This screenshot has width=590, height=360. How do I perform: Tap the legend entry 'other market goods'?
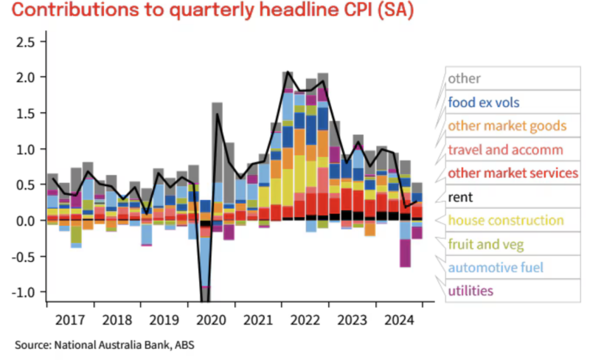pyautogui.click(x=507, y=125)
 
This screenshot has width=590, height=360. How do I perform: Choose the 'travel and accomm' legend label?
pyautogui.click(x=505, y=150)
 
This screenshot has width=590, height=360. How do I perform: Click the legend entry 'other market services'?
pyautogui.click(x=513, y=173)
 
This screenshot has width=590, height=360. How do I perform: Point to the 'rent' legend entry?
pyautogui.click(x=460, y=197)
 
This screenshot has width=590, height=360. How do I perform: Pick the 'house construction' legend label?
pyautogui.click(x=505, y=221)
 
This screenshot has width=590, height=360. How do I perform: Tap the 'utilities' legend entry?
pyautogui.click(x=471, y=291)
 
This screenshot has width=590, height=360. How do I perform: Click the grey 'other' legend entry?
pyautogui.click(x=464, y=78)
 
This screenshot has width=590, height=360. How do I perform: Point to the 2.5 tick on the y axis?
pyautogui.click(x=26, y=41)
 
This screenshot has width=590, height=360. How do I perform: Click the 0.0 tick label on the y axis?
pyautogui.click(x=26, y=221)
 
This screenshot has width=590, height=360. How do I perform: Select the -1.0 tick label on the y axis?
pyautogui.click(x=24, y=292)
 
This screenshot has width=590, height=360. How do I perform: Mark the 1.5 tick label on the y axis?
pyautogui.click(x=26, y=113)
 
